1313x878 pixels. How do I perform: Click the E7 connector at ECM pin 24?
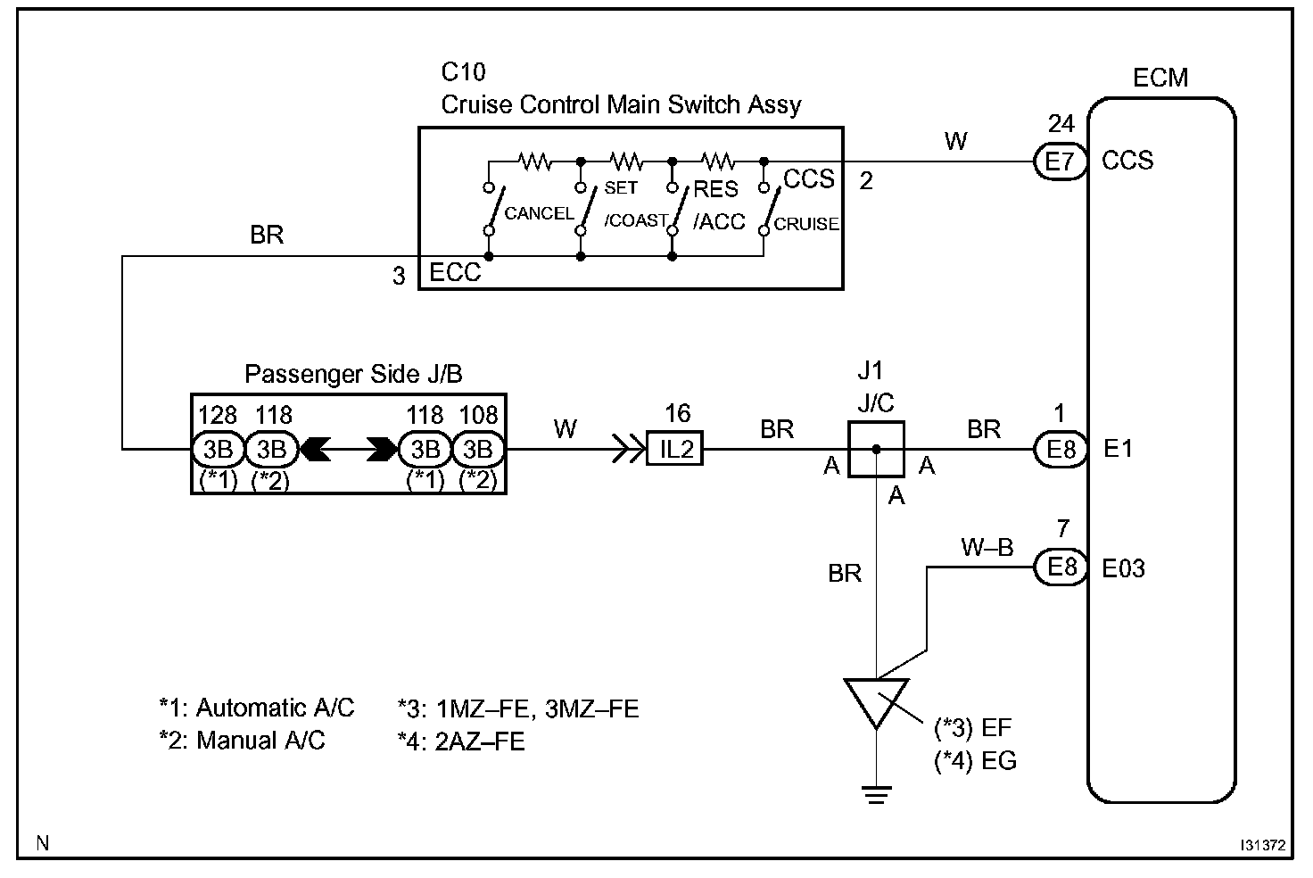[x=1061, y=162]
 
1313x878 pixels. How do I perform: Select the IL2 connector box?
[x=674, y=449]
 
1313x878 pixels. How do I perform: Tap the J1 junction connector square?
[x=876, y=450]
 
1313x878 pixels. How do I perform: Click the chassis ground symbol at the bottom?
[x=876, y=795]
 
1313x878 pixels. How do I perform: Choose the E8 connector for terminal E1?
[x=1061, y=450]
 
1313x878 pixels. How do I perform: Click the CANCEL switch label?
[x=539, y=213]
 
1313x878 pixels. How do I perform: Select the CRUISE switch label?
[x=806, y=224]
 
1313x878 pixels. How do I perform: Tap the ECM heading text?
[x=1160, y=78]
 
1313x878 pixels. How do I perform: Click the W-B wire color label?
[x=987, y=547]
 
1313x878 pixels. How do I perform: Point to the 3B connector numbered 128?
[x=218, y=450]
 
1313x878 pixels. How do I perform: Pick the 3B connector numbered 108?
[x=478, y=450]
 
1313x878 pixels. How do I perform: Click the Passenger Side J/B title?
[x=353, y=374]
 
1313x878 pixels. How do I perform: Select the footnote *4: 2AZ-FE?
[x=461, y=742]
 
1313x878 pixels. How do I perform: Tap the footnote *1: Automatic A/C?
[x=257, y=708]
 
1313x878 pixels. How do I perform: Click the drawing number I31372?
[x=1262, y=845]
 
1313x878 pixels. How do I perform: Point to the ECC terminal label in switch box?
[x=455, y=272]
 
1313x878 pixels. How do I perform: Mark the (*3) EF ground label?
[x=972, y=728]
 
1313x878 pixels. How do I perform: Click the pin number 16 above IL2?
[x=678, y=414]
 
